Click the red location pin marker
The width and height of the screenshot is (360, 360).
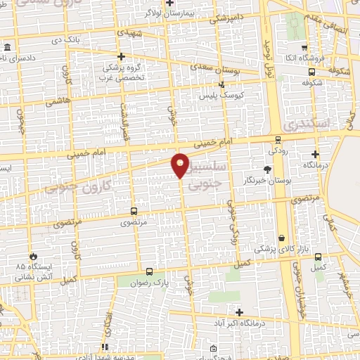181,165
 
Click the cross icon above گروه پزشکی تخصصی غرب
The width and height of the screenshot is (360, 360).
122,56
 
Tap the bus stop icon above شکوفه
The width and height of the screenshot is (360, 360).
311,71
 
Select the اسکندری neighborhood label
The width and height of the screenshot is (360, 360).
304,124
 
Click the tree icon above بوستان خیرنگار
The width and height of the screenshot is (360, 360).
266,169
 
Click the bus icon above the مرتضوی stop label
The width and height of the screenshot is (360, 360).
134,211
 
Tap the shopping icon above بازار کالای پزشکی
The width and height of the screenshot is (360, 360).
282,238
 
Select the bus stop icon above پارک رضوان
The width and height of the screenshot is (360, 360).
148,271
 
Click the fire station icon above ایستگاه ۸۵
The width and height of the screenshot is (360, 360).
31,256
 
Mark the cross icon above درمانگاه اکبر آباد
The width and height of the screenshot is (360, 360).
239,312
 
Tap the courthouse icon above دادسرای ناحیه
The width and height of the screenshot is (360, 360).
6,48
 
